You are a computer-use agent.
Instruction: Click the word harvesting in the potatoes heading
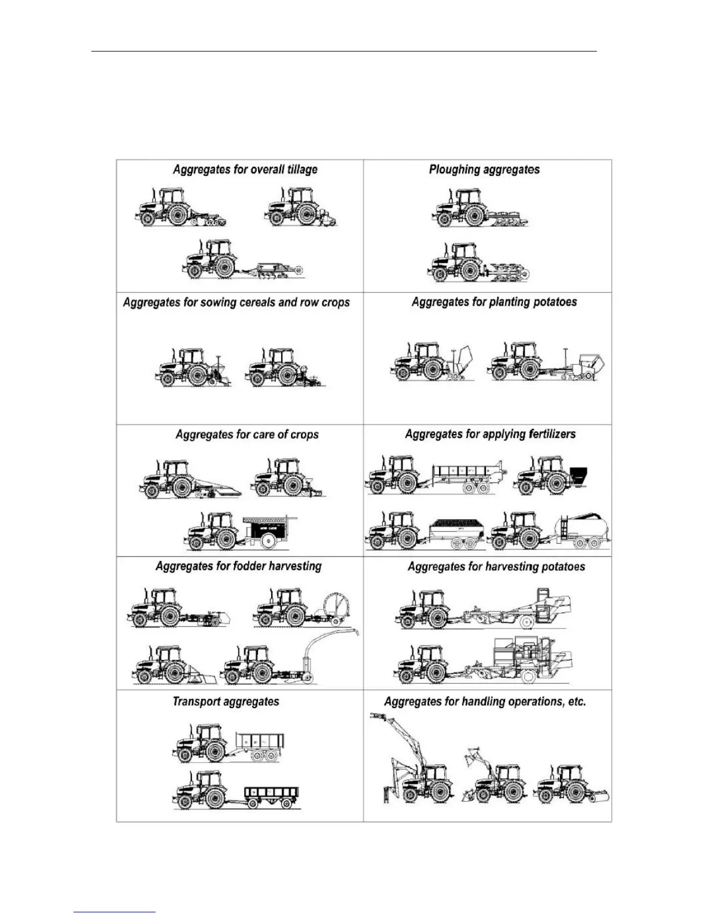pyautogui.click(x=514, y=566)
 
